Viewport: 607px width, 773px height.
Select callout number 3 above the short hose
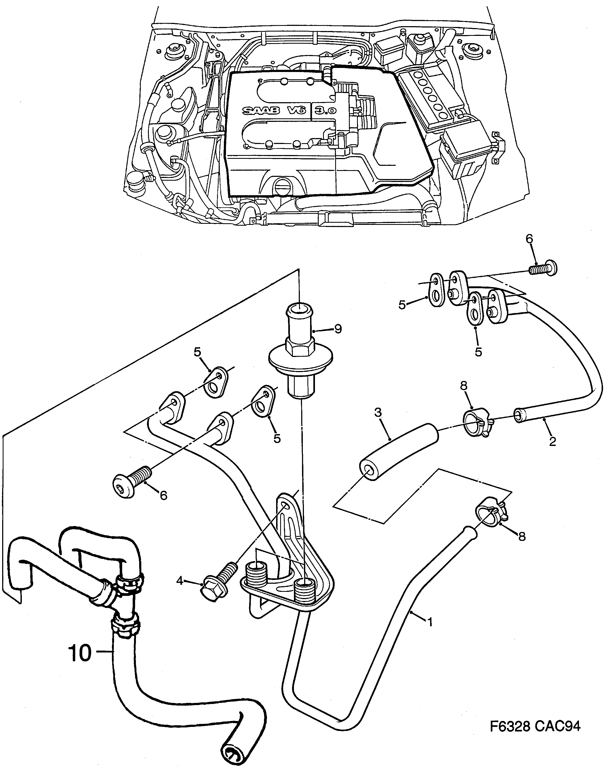[378, 413]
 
